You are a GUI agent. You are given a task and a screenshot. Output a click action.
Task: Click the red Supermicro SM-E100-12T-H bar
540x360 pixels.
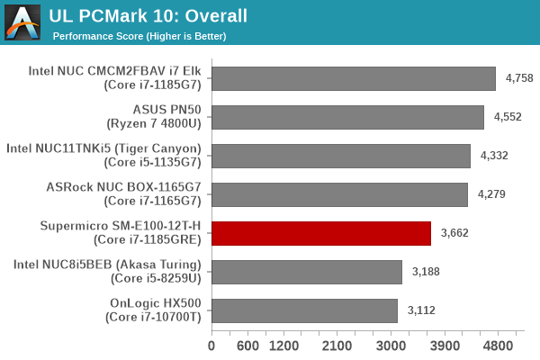pos(321,233)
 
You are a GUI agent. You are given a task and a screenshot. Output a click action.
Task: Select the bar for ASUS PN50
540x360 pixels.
pos(347,117)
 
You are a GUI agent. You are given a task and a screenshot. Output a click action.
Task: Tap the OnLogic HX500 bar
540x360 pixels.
pos(304,310)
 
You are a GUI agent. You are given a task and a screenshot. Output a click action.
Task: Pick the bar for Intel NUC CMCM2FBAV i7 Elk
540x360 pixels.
pos(354,78)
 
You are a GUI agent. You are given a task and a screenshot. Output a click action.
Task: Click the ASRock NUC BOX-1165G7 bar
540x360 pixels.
pos(339,194)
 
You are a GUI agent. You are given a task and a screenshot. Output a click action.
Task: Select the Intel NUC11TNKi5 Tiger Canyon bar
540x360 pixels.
pos(341,156)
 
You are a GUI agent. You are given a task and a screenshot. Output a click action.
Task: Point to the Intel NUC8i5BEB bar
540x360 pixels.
pos(307,272)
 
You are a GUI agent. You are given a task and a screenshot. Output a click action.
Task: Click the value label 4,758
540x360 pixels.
pos(519,78)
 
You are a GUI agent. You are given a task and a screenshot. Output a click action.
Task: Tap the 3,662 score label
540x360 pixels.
pos(454,233)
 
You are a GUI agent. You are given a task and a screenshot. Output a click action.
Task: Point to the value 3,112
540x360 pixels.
pos(421,310)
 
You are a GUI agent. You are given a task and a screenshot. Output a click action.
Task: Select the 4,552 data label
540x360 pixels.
pos(508,117)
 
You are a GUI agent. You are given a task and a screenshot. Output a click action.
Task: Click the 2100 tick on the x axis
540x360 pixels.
pos(337,346)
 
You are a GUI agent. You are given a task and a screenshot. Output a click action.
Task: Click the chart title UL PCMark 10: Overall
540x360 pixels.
pos(148,15)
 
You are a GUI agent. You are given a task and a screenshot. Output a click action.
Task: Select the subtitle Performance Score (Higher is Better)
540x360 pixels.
pos(139,36)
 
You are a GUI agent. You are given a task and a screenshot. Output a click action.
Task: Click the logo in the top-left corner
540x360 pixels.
pos(23,22)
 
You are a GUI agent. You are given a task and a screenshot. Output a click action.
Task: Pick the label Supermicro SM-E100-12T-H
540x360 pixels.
pos(124,226)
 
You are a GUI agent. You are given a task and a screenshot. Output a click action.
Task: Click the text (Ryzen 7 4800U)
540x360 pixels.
pos(157,123)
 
